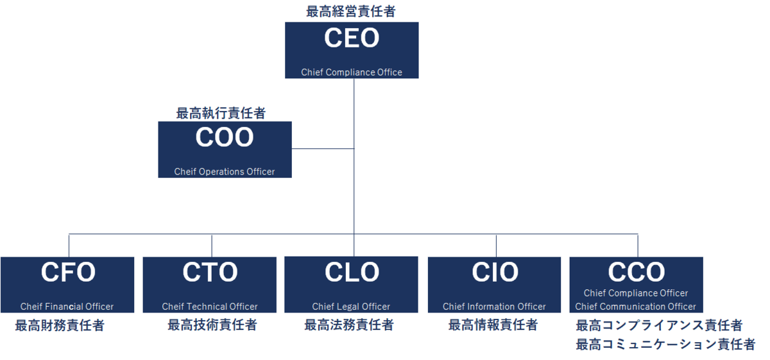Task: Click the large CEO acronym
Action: pyautogui.click(x=352, y=39)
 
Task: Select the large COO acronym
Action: pyautogui.click(x=225, y=138)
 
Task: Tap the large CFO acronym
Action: pyautogui.click(x=68, y=273)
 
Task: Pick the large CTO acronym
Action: pyautogui.click(x=210, y=273)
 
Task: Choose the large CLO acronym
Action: pyautogui.click(x=352, y=273)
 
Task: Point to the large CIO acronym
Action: pyautogui.click(x=495, y=273)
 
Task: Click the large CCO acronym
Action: pyautogui.click(x=637, y=273)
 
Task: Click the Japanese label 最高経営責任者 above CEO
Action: pyautogui.click(x=351, y=11)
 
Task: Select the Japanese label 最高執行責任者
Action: pyautogui.click(x=221, y=114)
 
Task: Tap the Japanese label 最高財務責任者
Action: pyautogui.click(x=60, y=325)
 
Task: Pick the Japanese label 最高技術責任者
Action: pyautogui.click(x=212, y=325)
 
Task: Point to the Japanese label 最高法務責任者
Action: pyautogui.click(x=349, y=325)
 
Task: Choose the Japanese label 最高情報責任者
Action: pyautogui.click(x=493, y=325)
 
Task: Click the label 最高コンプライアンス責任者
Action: pyautogui.click(x=659, y=325)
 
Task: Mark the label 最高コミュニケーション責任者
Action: pyautogui.click(x=665, y=345)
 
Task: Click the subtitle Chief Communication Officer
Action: pyautogui.click(x=635, y=307)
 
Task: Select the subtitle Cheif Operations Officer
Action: pyautogui.click(x=225, y=172)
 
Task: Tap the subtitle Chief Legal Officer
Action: pyautogui.click(x=351, y=307)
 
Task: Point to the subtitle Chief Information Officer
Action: pyautogui.click(x=494, y=307)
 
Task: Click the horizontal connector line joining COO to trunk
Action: pyautogui.click(x=323, y=149)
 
